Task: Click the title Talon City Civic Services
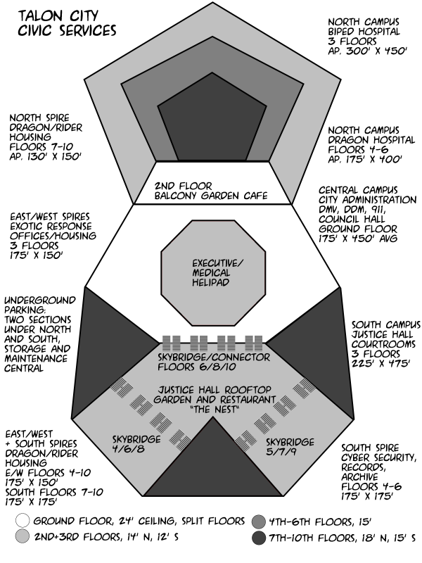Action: click(67, 23)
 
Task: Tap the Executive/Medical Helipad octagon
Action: click(213, 273)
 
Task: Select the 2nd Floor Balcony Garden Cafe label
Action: click(211, 191)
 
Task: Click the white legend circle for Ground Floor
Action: click(23, 520)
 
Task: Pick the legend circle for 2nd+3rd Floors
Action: click(23, 536)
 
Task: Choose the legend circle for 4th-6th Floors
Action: click(258, 521)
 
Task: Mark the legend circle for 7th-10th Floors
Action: click(258, 538)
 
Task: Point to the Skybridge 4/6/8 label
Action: click(136, 444)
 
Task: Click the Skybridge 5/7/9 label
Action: click(290, 447)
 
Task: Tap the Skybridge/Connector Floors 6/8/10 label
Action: click(214, 362)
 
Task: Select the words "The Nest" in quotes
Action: click(215, 410)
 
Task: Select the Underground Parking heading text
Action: click(40, 305)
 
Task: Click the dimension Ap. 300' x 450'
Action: click(367, 51)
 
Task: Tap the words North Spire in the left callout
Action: click(39, 118)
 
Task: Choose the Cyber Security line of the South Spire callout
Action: click(379, 457)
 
